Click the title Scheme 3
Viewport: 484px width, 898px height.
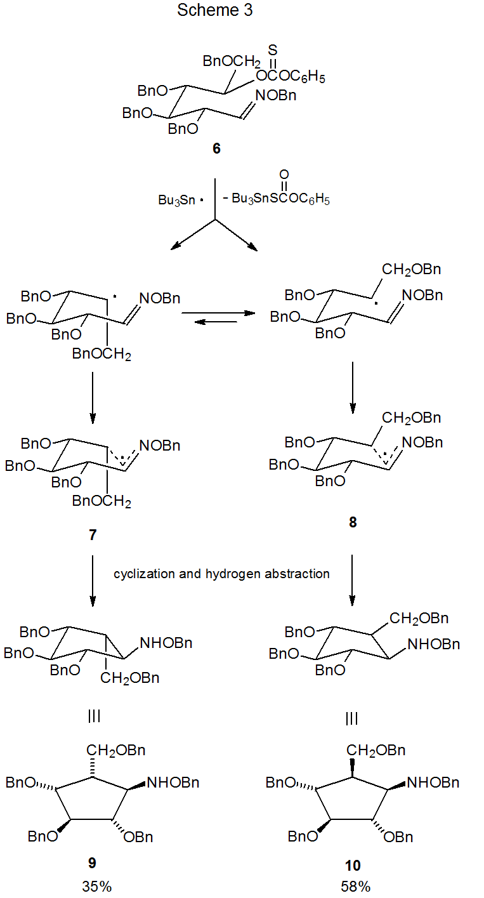(215, 11)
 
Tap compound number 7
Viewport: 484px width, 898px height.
(93, 535)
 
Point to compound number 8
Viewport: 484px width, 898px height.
(353, 522)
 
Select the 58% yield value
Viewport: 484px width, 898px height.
(355, 887)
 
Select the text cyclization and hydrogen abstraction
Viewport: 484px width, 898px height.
(221, 574)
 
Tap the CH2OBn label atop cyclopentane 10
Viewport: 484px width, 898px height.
(376, 751)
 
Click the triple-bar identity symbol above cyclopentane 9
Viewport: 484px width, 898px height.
(93, 718)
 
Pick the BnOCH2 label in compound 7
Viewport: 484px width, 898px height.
(101, 503)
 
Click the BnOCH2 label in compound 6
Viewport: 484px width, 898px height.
(232, 62)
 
